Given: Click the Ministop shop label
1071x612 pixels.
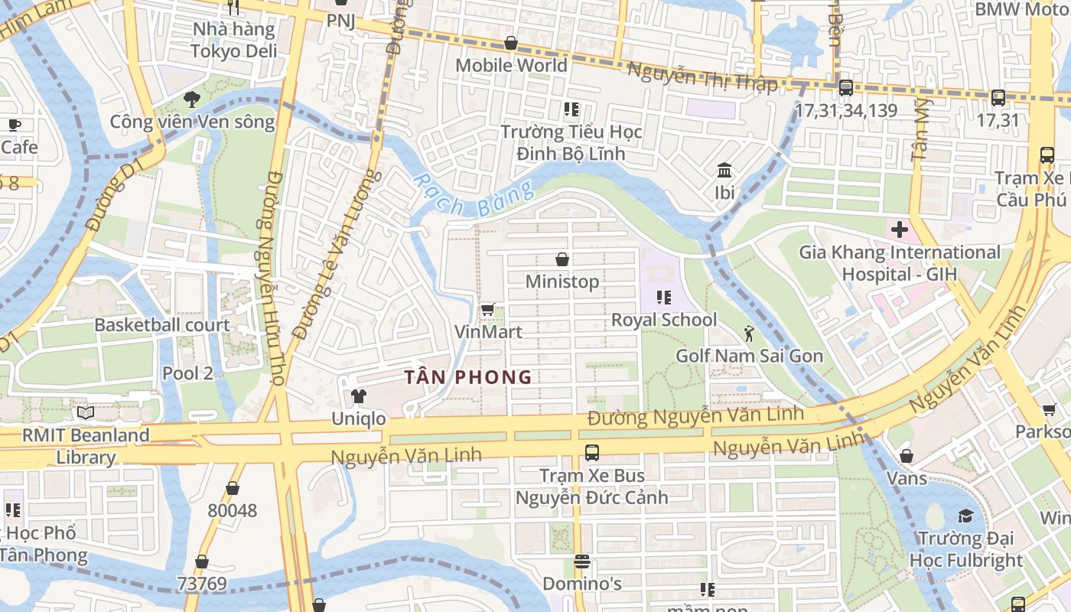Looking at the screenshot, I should coord(562,282).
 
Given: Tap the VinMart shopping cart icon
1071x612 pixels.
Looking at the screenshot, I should coord(487,310).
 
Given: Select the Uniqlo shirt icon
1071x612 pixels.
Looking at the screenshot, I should coord(358,396).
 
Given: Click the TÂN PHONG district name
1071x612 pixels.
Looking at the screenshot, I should coord(468,377).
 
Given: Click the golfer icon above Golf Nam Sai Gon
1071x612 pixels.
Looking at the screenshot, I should coord(749,334).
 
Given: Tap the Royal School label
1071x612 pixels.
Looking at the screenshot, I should coord(664,320).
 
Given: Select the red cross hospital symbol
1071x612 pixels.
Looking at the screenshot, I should coord(899,229).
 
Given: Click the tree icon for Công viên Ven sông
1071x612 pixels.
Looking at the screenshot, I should coord(192,99).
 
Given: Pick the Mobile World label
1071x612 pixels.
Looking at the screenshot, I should coord(511,65).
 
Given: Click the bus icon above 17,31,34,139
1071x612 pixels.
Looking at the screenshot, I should coord(845,88).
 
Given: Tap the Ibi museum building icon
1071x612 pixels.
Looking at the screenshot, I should coord(724,170).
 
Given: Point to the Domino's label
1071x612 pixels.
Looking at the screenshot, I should coord(581,584).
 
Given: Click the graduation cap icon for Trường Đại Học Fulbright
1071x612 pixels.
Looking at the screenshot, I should coord(965,516).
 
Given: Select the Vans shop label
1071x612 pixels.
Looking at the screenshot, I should coord(907,478).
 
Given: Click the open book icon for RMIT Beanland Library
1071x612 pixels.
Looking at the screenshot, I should coord(85,413).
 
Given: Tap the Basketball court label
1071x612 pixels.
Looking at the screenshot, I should coord(161,324).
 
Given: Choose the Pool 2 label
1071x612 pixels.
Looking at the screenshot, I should coord(187,373).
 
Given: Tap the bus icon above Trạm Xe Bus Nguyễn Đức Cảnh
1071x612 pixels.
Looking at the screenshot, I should coord(591,452).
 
